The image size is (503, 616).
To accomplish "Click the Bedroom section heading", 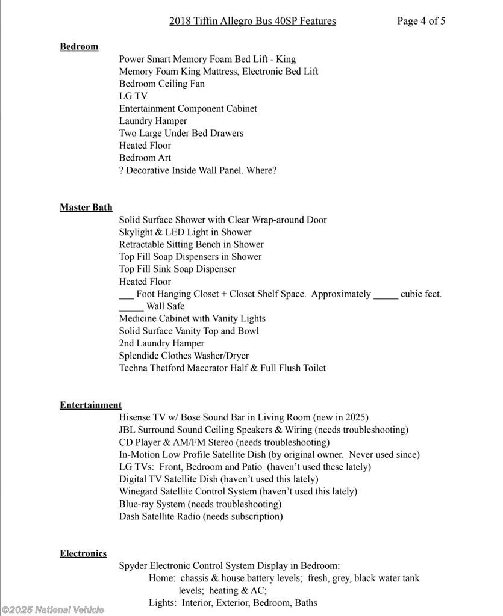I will pyautogui.click(x=79, y=46).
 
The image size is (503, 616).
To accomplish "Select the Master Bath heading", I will pyautogui.click(x=86, y=208).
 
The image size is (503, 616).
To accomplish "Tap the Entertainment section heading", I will pyautogui.click(x=90, y=405).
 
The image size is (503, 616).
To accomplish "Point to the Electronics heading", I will pyautogui.click(x=83, y=553).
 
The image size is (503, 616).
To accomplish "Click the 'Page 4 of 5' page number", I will pyautogui.click(x=421, y=21).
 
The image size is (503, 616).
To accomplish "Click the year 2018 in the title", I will pyautogui.click(x=180, y=21).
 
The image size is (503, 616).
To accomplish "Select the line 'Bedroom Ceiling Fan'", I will pyautogui.click(x=161, y=84).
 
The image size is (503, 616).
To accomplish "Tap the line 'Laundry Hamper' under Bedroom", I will pyautogui.click(x=153, y=121).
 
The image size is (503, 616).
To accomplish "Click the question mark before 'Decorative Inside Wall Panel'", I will pyautogui.click(x=122, y=170).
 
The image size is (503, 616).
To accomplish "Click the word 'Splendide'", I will pyautogui.click(x=140, y=356).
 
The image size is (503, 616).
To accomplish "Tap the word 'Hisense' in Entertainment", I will pyautogui.click(x=136, y=417).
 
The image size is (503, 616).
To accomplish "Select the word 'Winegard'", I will pyautogui.click(x=139, y=491).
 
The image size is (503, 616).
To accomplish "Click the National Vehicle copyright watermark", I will pyautogui.click(x=52, y=609).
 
